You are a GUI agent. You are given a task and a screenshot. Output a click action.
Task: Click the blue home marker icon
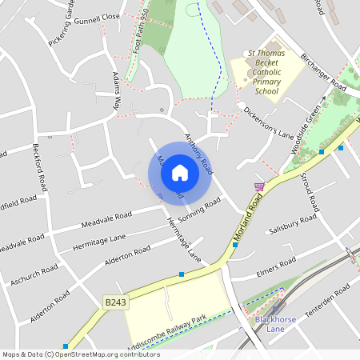click(x=180, y=172)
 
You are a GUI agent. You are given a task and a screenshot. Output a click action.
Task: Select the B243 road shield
click(x=114, y=302)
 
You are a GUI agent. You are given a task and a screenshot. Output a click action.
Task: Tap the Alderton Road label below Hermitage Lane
click(x=128, y=257)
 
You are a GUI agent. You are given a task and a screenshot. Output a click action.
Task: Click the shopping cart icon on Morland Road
click(x=258, y=187)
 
